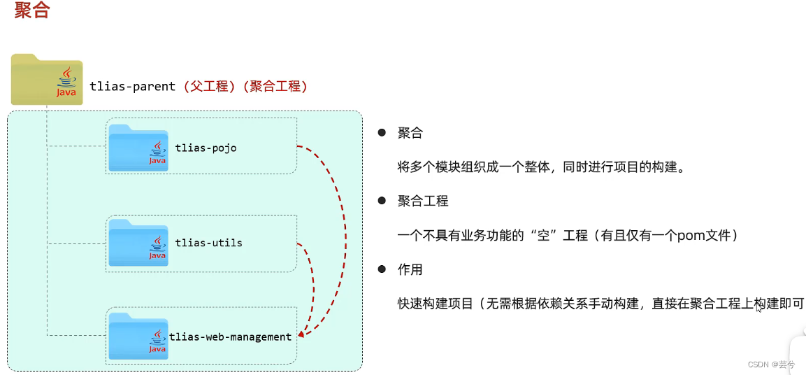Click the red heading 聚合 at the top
[x=31, y=12]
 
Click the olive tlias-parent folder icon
[x=46, y=80]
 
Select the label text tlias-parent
[x=133, y=86]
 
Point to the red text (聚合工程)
[x=275, y=86]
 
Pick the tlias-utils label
[x=208, y=243]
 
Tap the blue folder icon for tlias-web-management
[x=138, y=337]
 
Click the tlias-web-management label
[x=230, y=337]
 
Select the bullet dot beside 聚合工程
[x=382, y=201]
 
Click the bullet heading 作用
[x=410, y=269]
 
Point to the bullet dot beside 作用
[x=382, y=269]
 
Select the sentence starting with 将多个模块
[x=540, y=167]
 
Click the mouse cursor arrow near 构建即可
[x=759, y=307]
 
